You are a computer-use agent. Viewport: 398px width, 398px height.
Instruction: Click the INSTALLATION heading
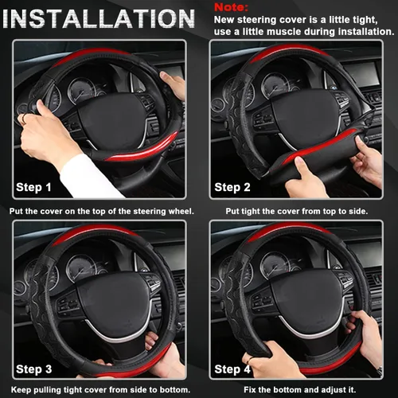[100, 18]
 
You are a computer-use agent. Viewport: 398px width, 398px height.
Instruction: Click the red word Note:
[232, 7]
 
